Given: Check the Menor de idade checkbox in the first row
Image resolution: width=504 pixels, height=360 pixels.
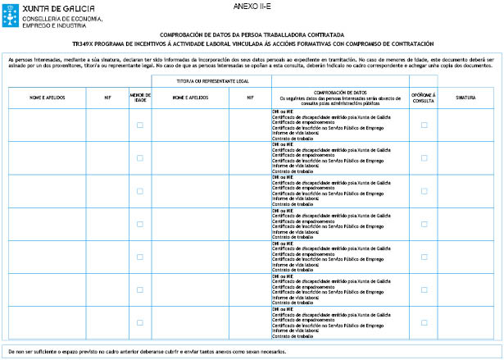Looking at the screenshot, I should pyautogui.click(x=139, y=125).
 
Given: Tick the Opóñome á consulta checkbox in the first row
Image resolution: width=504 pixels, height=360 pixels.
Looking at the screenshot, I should pyautogui.click(x=424, y=125).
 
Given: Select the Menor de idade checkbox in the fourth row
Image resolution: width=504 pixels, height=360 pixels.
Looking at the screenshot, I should pyautogui.click(x=139, y=224).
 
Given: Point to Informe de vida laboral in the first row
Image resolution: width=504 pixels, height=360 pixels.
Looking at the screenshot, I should pyautogui.click(x=293, y=133).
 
